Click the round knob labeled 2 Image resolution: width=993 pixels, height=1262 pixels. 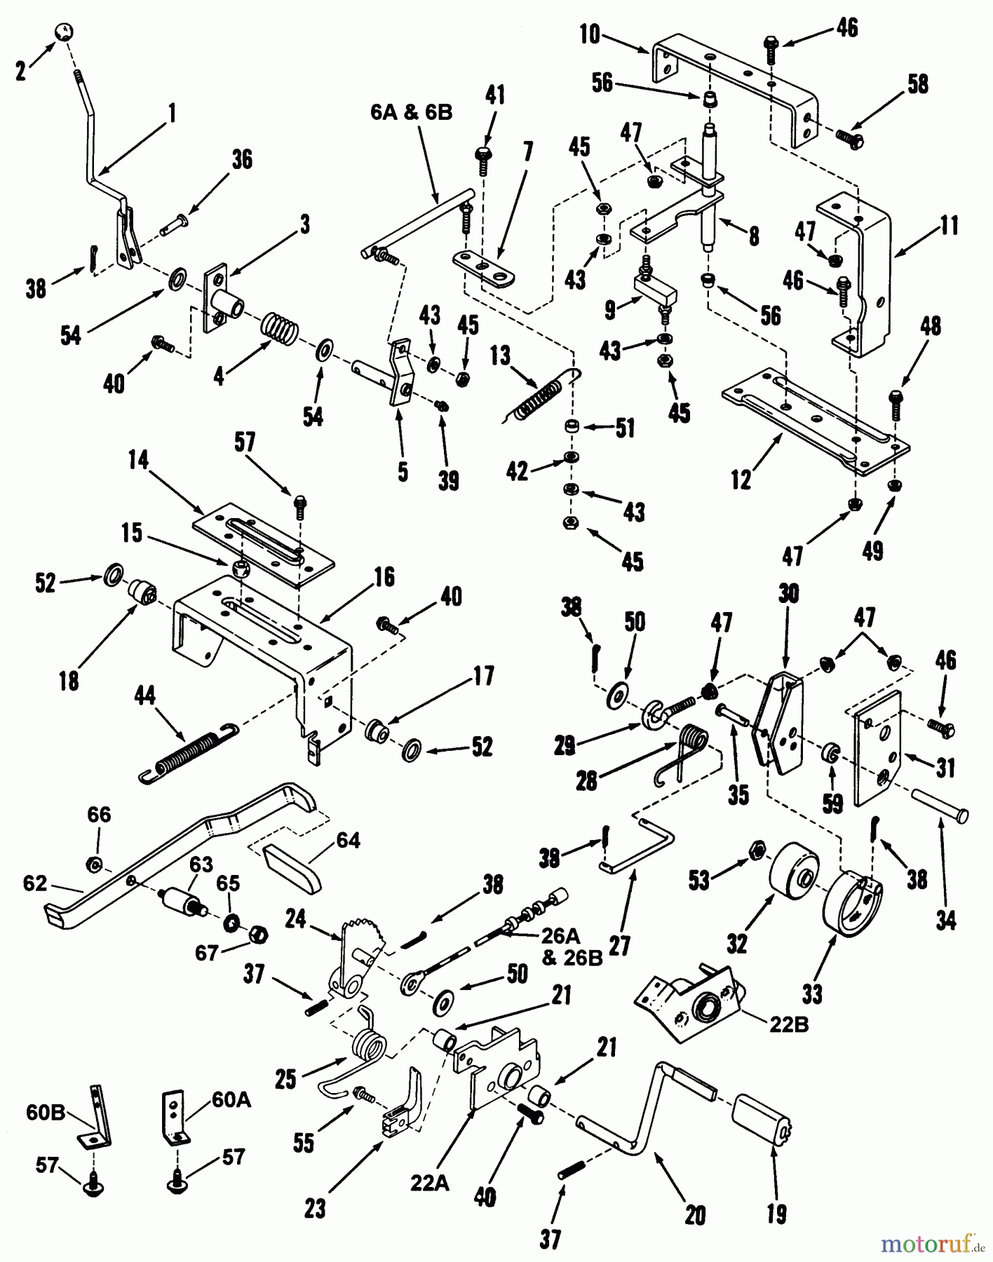pyautogui.click(x=65, y=32)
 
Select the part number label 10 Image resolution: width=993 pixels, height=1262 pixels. pyautogui.click(x=590, y=34)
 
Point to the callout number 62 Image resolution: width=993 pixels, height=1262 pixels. pyautogui.click(x=34, y=883)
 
